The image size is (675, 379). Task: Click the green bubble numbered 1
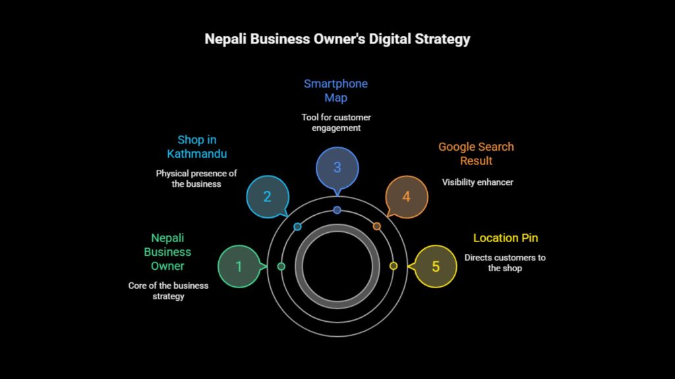pyautogui.click(x=239, y=266)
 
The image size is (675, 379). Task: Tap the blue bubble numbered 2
pyautogui.click(x=267, y=196)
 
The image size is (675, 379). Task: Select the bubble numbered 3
pyautogui.click(x=337, y=167)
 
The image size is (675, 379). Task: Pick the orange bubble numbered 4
pyautogui.click(x=406, y=196)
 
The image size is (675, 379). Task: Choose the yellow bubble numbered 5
pyautogui.click(x=435, y=266)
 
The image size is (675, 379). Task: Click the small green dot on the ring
pyautogui.click(x=281, y=266)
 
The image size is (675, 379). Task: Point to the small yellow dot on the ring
pyautogui.click(x=394, y=266)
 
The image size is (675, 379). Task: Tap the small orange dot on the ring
pyautogui.click(x=377, y=226)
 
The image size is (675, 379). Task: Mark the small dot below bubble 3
pyautogui.click(x=337, y=210)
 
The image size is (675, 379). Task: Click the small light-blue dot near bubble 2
pyautogui.click(x=297, y=226)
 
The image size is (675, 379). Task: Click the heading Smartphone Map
pyautogui.click(x=336, y=91)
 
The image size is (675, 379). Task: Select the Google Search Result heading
pyautogui.click(x=476, y=153)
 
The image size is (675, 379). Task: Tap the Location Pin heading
pyautogui.click(x=506, y=238)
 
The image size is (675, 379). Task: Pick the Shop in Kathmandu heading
pyautogui.click(x=196, y=146)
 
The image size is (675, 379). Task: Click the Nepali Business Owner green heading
pyautogui.click(x=167, y=251)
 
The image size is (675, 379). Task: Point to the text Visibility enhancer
pyautogui.click(x=477, y=182)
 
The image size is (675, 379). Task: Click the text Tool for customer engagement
pyautogui.click(x=336, y=122)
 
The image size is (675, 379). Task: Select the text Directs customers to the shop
pyautogui.click(x=505, y=263)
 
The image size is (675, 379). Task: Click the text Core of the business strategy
pyautogui.click(x=168, y=291)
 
